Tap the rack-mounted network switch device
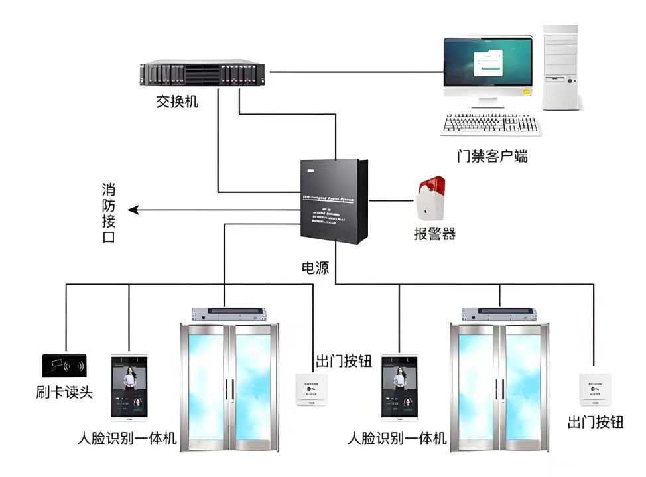coord(202,73)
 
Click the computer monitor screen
coord(489,66)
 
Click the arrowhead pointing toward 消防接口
coord(133,210)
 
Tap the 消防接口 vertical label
coord(109,213)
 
